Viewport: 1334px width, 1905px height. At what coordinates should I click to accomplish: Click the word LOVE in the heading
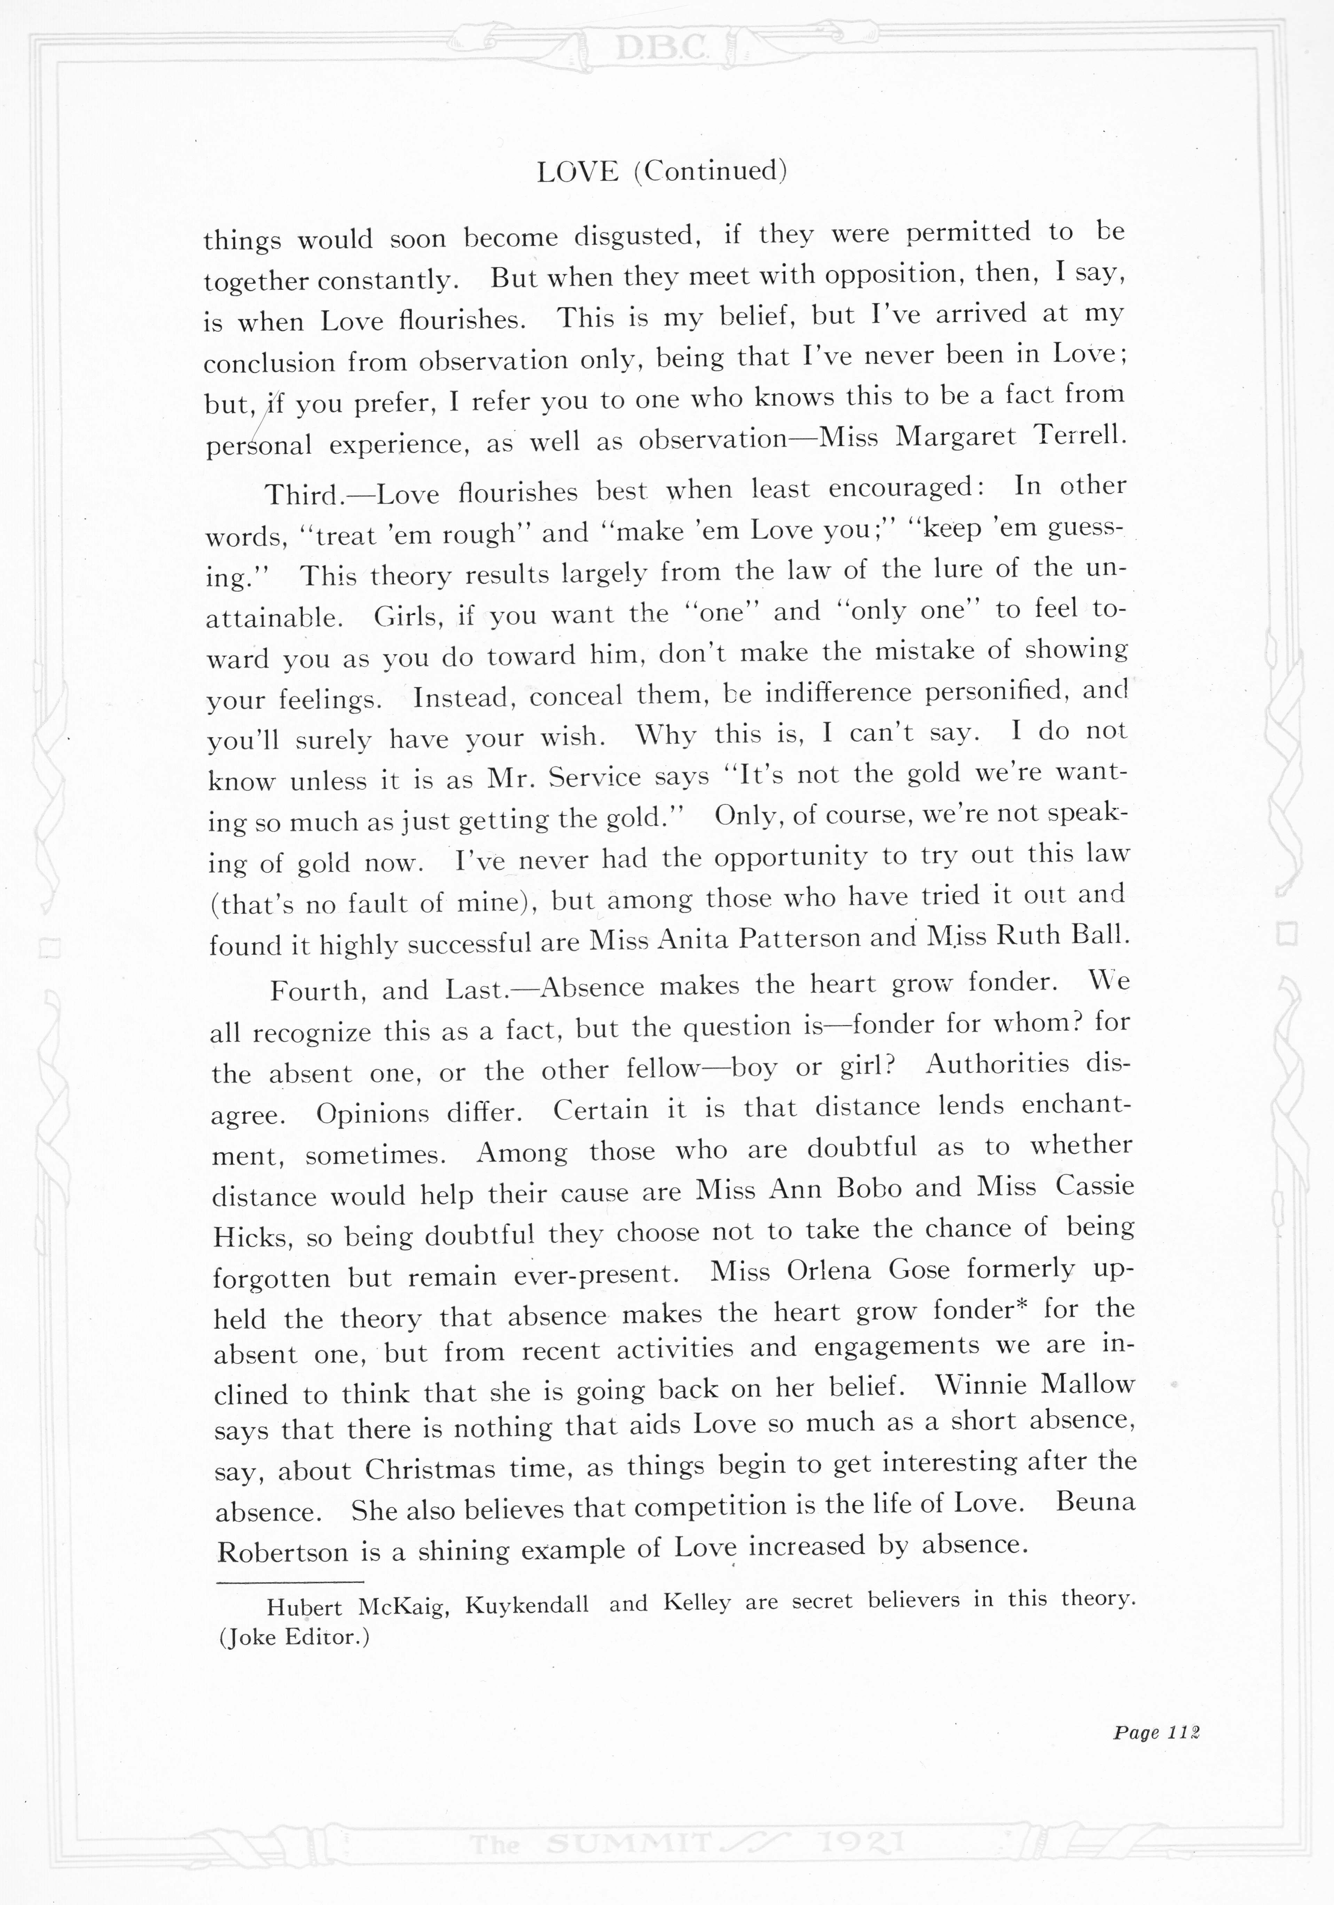(578, 172)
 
